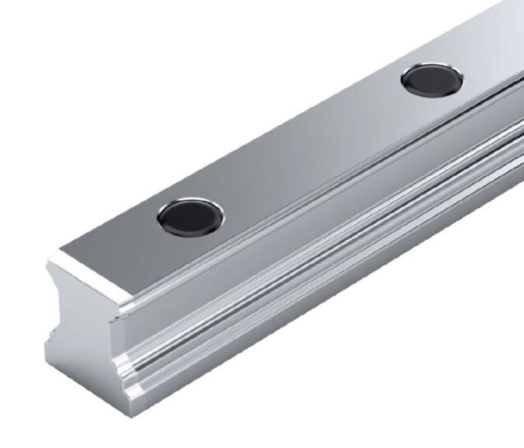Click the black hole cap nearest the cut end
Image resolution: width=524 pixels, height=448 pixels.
(x=191, y=215)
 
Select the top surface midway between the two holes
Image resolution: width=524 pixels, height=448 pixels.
(x=310, y=146)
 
